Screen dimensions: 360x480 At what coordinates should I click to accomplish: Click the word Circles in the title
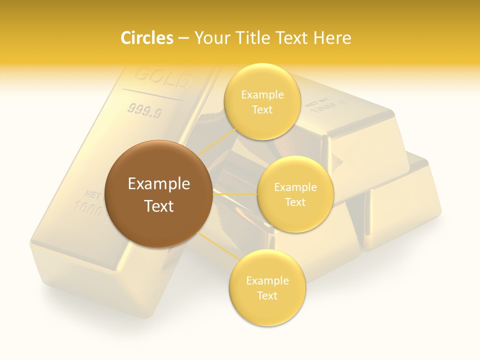[x=147, y=38]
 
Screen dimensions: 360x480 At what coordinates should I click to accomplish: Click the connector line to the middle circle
[x=234, y=193]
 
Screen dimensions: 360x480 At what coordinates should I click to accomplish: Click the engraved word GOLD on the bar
[x=163, y=78]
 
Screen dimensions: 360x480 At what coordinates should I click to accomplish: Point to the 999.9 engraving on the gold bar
[x=144, y=110]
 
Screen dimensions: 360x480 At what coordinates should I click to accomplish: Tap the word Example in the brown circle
[x=159, y=184]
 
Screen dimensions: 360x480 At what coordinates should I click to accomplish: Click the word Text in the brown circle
[x=159, y=206]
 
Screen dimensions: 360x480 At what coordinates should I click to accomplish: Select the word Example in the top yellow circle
[x=262, y=95]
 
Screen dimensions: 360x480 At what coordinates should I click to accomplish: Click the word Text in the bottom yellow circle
[x=267, y=295]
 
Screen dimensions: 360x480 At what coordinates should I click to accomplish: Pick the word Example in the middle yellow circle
[x=295, y=187]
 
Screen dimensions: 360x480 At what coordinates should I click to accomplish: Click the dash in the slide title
[x=183, y=38]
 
